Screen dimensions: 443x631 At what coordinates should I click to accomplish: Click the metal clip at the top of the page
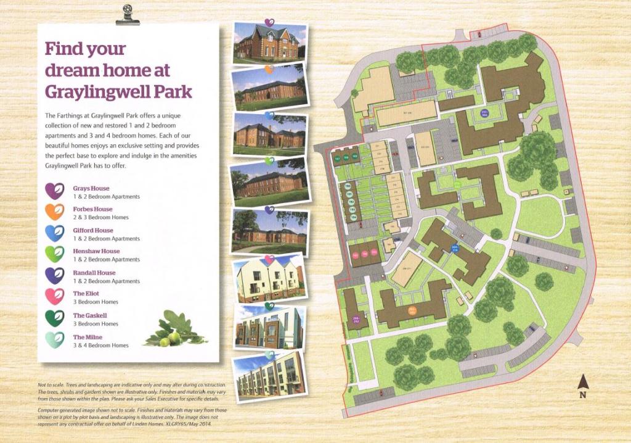[x=128, y=16]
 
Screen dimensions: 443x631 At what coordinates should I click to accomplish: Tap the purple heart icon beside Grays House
[x=55, y=191]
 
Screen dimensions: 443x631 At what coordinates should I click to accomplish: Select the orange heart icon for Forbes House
[x=55, y=212]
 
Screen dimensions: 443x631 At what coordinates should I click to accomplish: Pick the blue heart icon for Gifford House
[x=55, y=233]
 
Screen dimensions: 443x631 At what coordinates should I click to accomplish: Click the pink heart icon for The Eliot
[x=55, y=297]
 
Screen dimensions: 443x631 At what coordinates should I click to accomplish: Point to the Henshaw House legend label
[x=96, y=251]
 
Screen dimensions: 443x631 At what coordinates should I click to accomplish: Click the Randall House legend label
[x=94, y=273]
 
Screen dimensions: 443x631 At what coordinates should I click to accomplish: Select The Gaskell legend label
[x=90, y=315]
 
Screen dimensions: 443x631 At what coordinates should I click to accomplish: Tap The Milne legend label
[x=88, y=337]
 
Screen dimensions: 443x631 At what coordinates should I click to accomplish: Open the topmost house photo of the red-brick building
[x=269, y=43]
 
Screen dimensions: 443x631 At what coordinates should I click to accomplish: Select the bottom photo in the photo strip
[x=270, y=376]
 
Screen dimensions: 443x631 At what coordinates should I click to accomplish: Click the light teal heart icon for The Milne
[x=55, y=339]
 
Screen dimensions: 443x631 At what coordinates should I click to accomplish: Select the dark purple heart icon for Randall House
[x=55, y=276]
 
